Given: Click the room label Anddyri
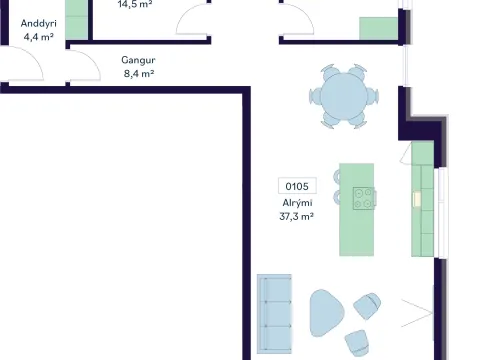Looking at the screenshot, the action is click(39, 24).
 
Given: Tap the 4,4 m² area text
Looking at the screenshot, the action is click(39, 37).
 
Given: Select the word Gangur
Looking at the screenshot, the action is click(138, 60).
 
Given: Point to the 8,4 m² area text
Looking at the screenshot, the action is click(139, 73).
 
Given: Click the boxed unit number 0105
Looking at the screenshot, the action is click(297, 186).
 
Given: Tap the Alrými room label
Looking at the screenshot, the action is click(297, 203).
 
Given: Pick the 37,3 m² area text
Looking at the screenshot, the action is click(296, 217).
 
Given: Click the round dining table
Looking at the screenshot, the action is click(344, 96).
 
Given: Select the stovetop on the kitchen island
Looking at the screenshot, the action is click(364, 198).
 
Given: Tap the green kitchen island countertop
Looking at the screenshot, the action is click(356, 210).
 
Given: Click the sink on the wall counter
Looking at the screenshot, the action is click(417, 199).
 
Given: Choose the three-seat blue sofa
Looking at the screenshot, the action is click(274, 314).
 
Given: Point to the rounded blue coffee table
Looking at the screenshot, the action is click(325, 313).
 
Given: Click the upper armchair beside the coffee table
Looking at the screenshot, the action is click(367, 306).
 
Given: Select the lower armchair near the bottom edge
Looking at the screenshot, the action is click(357, 343).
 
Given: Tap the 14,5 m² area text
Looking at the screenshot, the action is click(135, 4).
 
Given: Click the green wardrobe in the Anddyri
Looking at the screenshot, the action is click(76, 20).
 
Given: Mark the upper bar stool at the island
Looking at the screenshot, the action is click(337, 177).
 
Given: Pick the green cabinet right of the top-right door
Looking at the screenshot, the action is click(378, 29).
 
